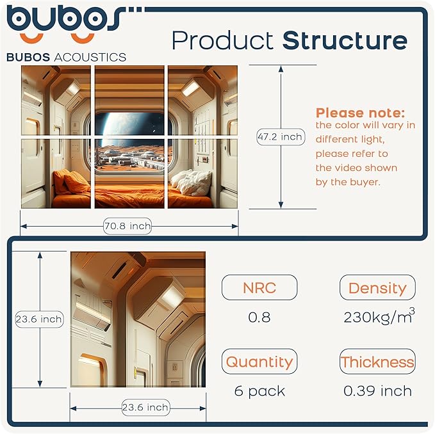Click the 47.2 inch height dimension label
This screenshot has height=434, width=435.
(280, 137)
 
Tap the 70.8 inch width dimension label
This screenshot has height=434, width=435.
(127, 225)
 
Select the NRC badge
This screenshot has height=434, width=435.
(259, 288)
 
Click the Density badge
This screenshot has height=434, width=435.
(377, 288)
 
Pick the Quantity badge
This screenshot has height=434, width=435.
(259, 362)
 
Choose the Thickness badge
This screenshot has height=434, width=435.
(377, 362)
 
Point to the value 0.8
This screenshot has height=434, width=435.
(259, 317)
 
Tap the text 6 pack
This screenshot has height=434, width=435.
(259, 391)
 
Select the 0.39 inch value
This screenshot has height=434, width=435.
(377, 391)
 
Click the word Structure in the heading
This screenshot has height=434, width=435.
(345, 41)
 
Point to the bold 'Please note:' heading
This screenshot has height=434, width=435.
(360, 113)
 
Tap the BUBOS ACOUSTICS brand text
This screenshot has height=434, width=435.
(66, 57)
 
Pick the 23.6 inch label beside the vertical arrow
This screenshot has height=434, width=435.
(39, 319)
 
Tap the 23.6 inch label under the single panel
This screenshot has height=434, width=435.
(145, 407)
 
